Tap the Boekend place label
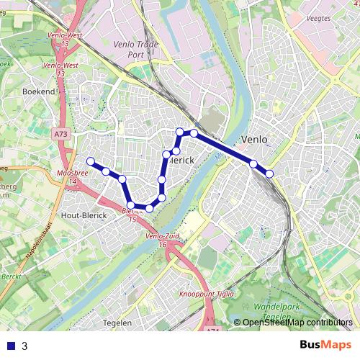39,92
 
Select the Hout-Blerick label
84,215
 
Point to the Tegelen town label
118,323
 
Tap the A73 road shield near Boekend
60,134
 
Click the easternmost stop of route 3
269,174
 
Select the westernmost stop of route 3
91,161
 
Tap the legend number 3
24,346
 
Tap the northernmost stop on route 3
181,131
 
